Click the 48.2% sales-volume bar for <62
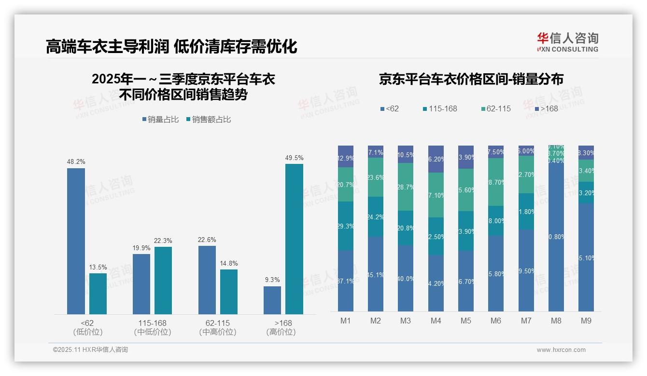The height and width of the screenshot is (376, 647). tap(76, 241)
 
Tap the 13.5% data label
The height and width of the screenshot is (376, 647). tap(98, 267)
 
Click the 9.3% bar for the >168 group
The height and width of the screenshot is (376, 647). tap(272, 300)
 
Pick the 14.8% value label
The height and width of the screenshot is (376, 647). tap(229, 263)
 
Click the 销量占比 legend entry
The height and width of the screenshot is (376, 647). tap(161, 120)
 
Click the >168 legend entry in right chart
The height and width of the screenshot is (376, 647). tap(546, 109)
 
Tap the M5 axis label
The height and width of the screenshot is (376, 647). tap(465, 321)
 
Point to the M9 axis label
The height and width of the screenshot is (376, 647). tap(586, 321)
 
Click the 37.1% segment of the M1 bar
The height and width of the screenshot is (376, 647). tap(346, 281)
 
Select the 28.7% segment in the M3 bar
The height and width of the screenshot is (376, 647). tap(406, 187)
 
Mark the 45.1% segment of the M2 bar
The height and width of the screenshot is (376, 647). tap(376, 274)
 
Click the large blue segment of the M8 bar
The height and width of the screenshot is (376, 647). tap(556, 236)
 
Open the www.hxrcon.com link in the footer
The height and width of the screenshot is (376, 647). tap(561, 350)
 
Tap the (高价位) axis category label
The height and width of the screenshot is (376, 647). tap(281, 332)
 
